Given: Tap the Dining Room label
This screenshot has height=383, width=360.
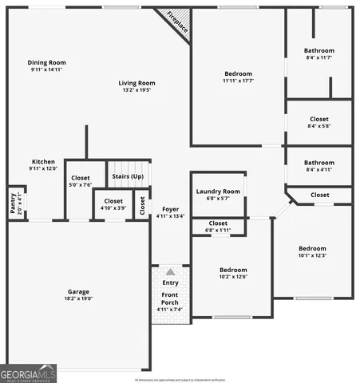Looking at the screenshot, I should pyautogui.click(x=46, y=62).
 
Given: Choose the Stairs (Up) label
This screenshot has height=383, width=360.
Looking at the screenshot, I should pyautogui.click(x=128, y=176).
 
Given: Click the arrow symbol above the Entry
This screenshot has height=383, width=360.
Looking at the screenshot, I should pyautogui.click(x=170, y=272).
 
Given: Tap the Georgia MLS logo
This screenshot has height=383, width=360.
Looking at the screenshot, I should pyautogui.click(x=28, y=373).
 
